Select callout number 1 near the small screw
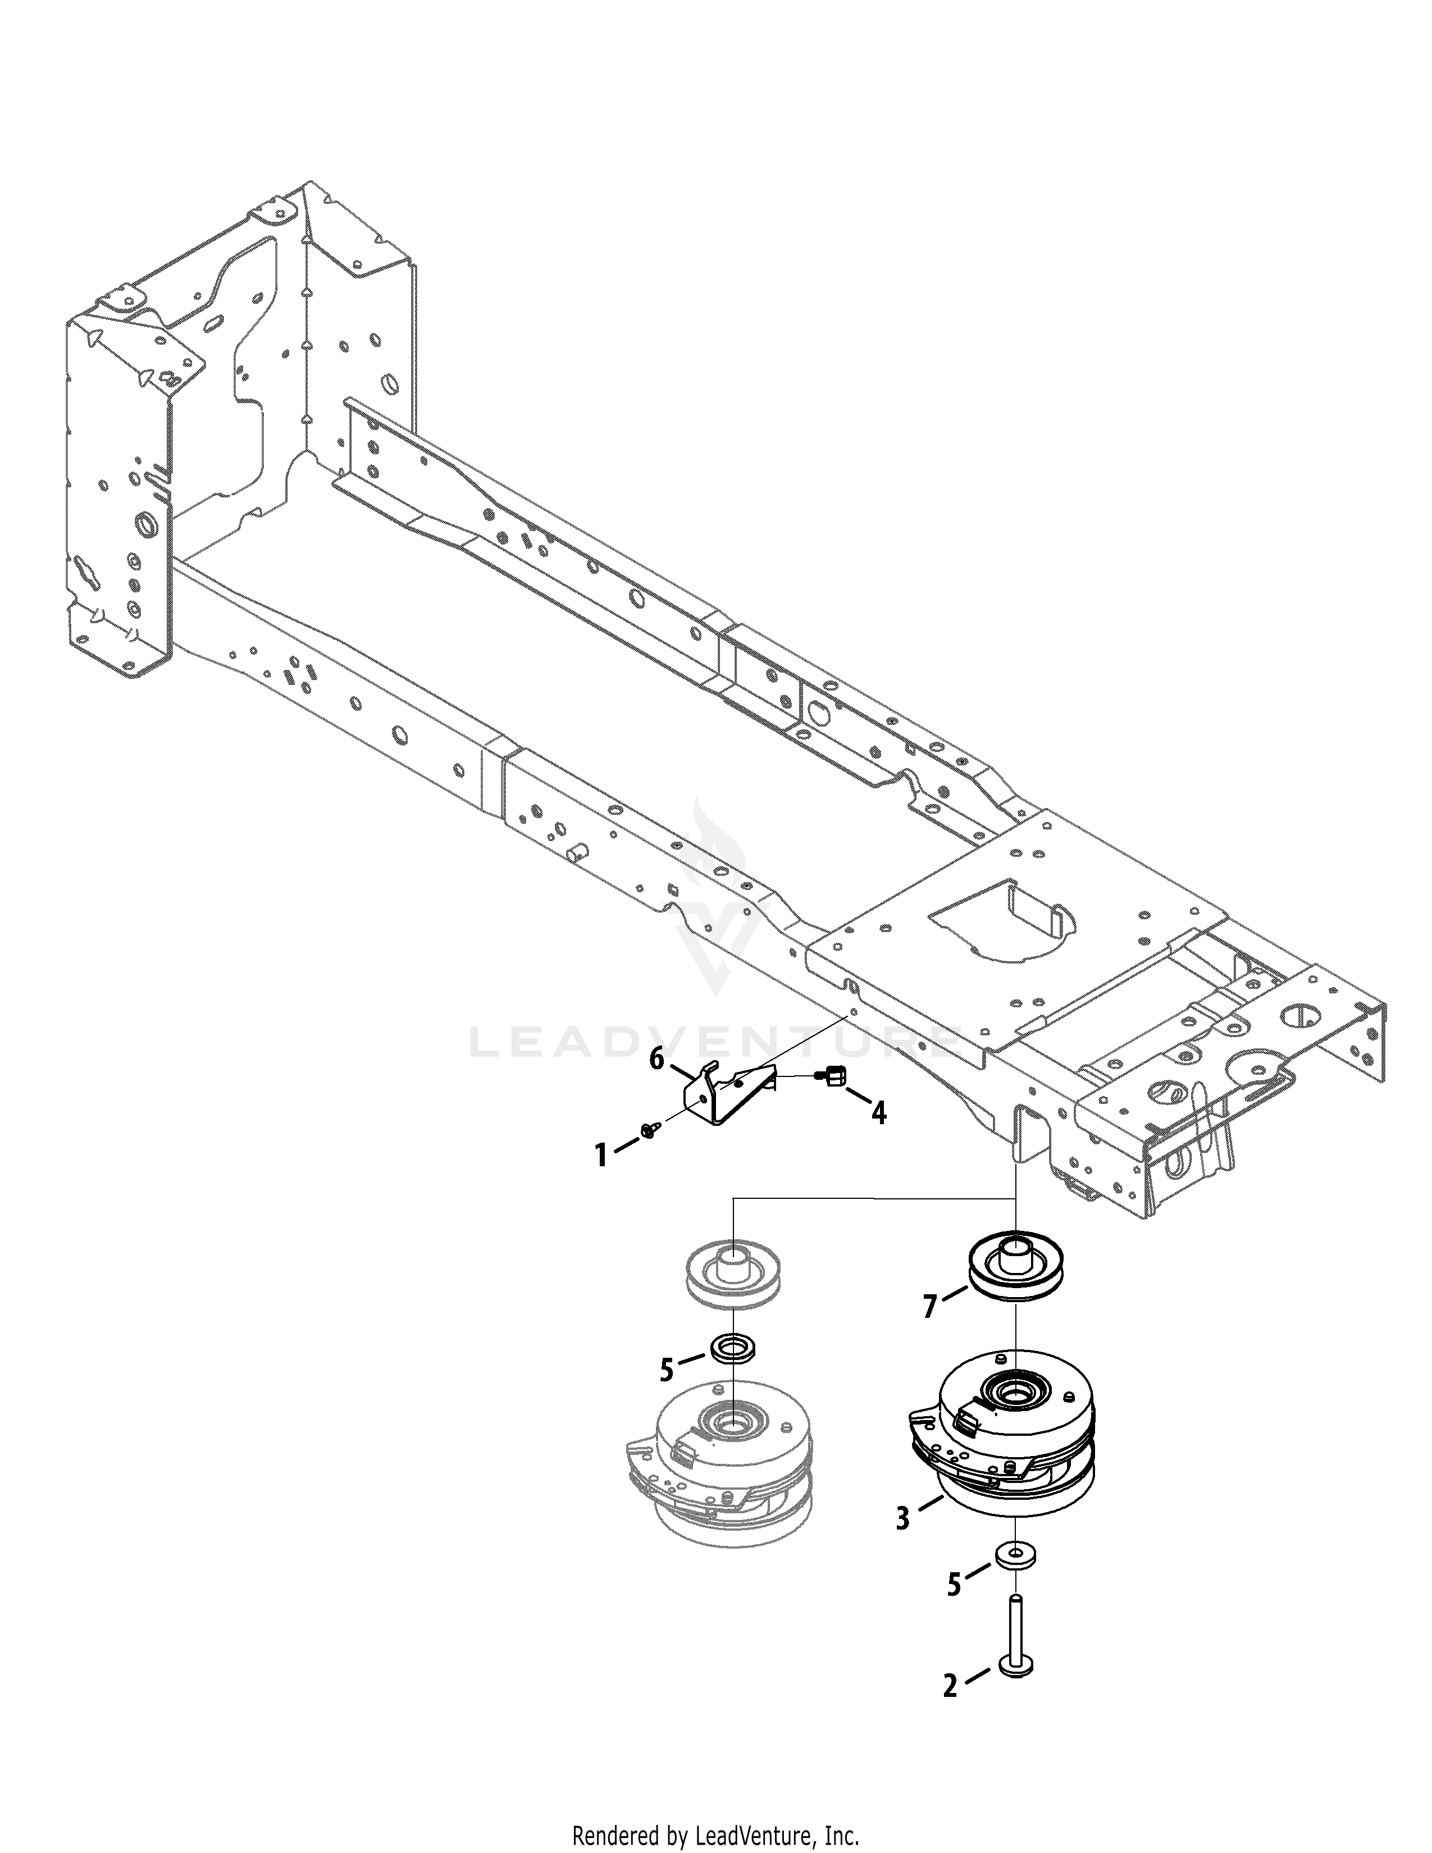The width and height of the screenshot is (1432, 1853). click(601, 1156)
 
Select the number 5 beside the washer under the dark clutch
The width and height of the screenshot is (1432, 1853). click(954, 1608)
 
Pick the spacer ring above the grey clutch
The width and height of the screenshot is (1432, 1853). click(731, 1372)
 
